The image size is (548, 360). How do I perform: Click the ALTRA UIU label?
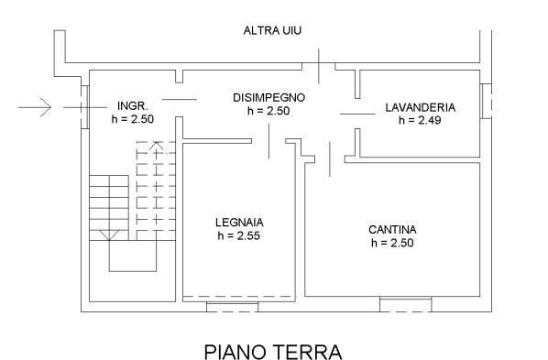[x=272, y=31]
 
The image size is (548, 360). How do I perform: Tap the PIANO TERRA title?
[x=273, y=351]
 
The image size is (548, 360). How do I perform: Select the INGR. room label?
[x=133, y=105]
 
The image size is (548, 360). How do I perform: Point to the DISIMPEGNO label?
[x=269, y=97]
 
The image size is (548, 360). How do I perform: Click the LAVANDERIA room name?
[x=421, y=107]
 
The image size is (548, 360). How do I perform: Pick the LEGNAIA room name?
[x=239, y=223]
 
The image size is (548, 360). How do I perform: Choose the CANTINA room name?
[x=392, y=230]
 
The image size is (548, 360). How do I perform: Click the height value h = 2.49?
[x=420, y=120]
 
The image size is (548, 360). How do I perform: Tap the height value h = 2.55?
[x=239, y=236]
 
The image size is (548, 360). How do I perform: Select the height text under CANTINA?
[x=392, y=243]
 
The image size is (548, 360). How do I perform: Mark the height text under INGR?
[x=133, y=119]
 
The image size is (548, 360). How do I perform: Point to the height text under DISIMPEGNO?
[x=269, y=111]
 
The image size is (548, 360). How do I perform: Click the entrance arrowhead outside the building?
[x=47, y=107]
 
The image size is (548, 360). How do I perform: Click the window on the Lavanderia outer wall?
[x=487, y=101]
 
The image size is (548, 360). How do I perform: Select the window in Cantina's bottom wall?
[x=405, y=304]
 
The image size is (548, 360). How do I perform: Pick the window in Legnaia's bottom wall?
[x=233, y=307]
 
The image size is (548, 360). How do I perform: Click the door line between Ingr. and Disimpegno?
[x=180, y=99]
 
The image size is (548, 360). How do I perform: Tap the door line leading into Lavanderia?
[x=357, y=114]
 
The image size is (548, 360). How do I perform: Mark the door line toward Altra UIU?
[x=318, y=66]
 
